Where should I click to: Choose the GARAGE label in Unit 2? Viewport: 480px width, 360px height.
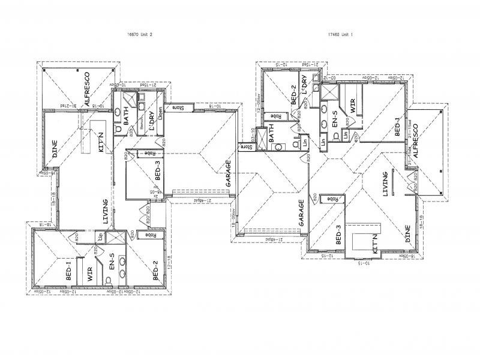[x=228, y=173]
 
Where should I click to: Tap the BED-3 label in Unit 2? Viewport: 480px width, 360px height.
[x=158, y=171]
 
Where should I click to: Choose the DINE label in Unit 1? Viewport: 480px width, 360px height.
[x=407, y=234]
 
